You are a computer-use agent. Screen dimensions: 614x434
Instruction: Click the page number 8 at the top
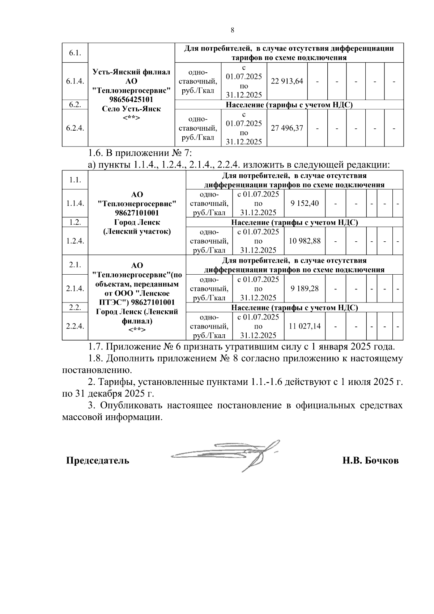232,30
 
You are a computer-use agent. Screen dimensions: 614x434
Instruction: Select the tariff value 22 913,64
287,81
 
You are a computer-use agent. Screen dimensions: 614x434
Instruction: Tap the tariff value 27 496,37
287,128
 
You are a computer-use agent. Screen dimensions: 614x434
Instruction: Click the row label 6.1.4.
75,81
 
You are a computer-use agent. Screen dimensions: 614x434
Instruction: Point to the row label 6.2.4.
75,128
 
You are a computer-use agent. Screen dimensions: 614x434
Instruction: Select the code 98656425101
131,99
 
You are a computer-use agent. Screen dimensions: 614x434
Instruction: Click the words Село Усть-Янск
131,109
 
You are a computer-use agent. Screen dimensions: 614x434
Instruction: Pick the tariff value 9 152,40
305,203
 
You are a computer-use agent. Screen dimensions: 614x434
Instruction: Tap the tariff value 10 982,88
305,241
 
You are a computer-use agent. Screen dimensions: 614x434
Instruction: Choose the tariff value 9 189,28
305,288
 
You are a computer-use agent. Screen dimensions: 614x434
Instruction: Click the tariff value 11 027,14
305,326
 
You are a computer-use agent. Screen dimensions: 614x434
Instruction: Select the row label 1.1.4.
75,203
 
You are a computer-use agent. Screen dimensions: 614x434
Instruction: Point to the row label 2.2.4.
75,326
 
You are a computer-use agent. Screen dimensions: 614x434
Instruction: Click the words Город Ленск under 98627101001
137,222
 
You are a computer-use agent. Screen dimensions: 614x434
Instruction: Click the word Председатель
97,461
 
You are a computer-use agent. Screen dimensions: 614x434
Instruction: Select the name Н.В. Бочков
371,461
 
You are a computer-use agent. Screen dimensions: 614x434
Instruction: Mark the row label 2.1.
75,265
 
